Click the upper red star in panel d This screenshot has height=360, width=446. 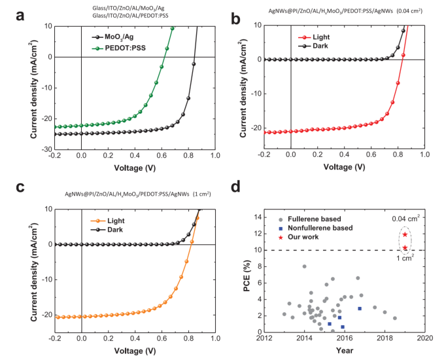[405, 234]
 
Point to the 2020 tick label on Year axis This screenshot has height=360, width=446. [426, 338]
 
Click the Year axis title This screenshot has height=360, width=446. [345, 350]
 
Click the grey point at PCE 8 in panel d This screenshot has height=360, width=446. [304, 266]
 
